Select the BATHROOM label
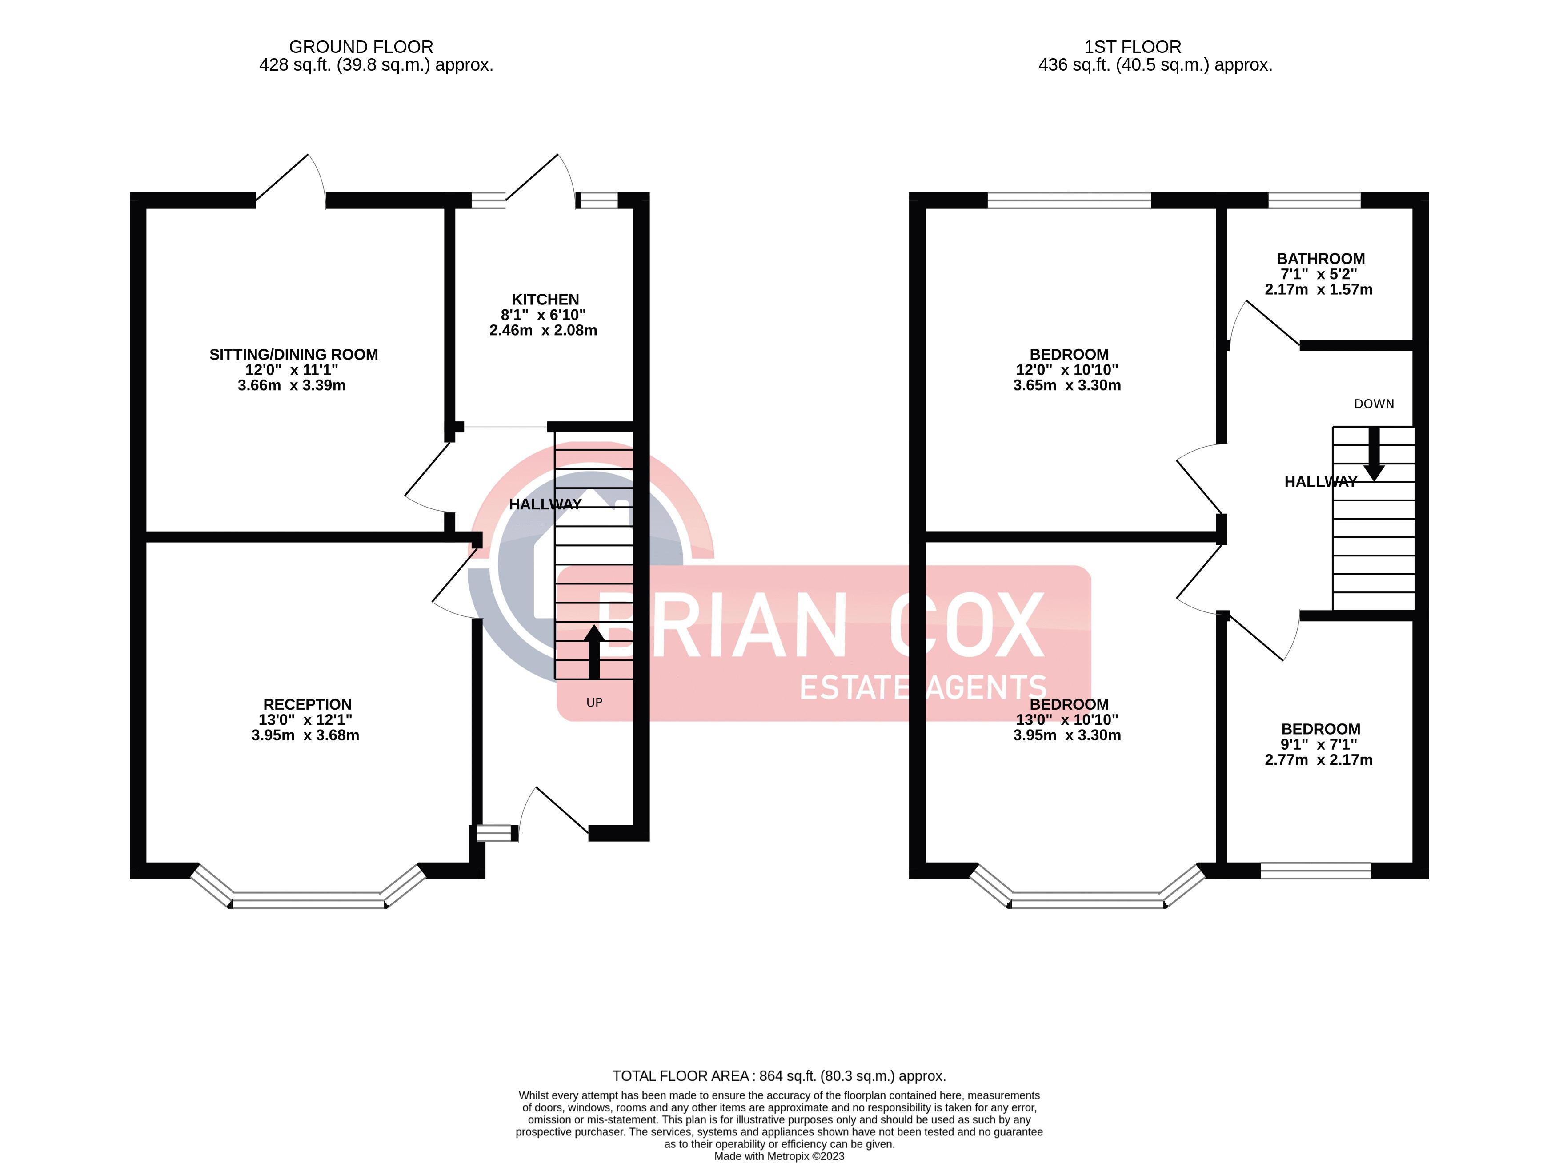[x=1320, y=258]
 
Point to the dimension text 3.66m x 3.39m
[x=292, y=385]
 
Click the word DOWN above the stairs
[x=1373, y=404]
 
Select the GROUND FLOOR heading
[x=361, y=47]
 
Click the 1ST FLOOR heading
[x=1132, y=47]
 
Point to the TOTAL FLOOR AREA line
[x=779, y=1076]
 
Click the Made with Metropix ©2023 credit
[x=779, y=1156]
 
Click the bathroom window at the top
[x=1314, y=200]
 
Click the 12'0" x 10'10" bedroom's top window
[x=1069, y=200]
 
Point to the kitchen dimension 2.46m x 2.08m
[x=543, y=330]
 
